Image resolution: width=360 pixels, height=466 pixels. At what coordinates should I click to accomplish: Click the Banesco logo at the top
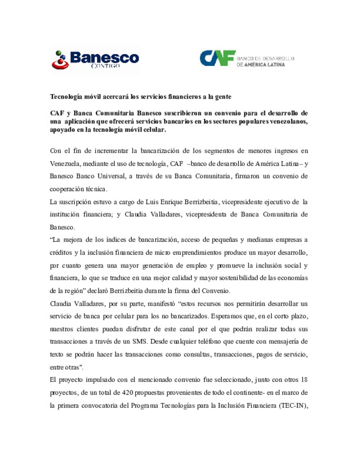pyautogui.click(x=95, y=59)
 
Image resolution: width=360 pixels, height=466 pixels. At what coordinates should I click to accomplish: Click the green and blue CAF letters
pyautogui.click(x=218, y=58)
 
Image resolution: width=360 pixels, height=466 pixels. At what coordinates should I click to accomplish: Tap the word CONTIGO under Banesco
pyautogui.click(x=105, y=66)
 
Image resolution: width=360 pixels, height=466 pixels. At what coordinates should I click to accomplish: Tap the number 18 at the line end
pyautogui.click(x=304, y=380)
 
